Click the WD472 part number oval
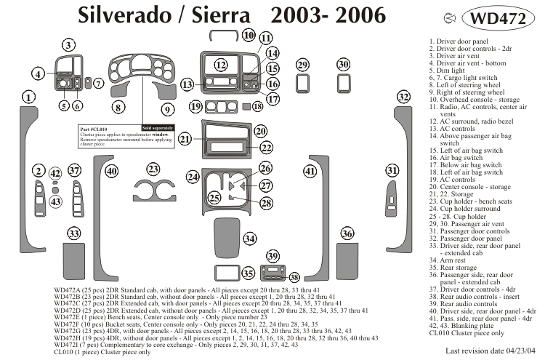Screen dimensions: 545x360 [x=498, y=17]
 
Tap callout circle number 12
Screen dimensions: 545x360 [x=221, y=65]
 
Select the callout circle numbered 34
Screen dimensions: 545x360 [x=250, y=239]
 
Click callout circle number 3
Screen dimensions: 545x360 [x=68, y=45]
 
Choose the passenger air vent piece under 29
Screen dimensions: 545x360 [x=302, y=84]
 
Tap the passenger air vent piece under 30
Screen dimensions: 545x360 [x=344, y=84]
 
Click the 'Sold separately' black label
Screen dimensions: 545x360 [x=158, y=128]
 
